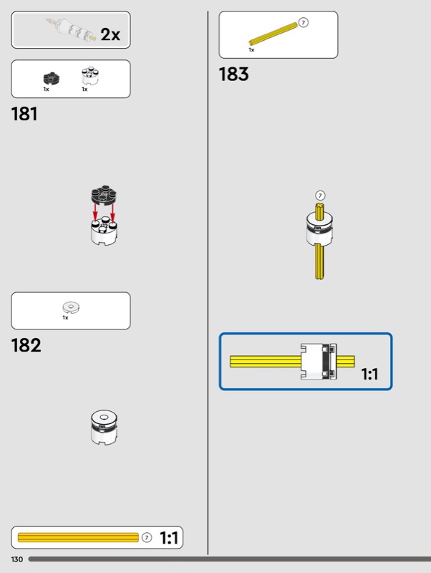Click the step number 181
point(24,114)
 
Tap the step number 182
point(26,346)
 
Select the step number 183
point(234,74)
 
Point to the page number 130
point(16,559)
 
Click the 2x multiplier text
point(110,34)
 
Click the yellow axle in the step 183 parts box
point(272,35)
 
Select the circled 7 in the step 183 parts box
point(304,23)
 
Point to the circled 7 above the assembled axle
point(320,195)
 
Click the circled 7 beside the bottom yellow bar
point(147,537)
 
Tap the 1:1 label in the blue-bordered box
point(369,373)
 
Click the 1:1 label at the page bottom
point(169,538)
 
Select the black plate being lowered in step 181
point(105,196)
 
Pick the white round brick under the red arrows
point(104,232)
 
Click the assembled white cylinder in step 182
point(104,428)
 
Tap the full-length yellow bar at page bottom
point(78,537)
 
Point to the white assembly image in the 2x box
point(71,29)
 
